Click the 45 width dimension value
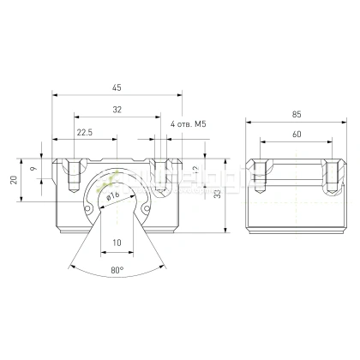click(x=117, y=86)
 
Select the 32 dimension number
click(x=117, y=110)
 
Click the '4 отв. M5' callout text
click(x=189, y=124)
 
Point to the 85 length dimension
click(x=296, y=115)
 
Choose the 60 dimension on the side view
click(x=296, y=135)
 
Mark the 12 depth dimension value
click(x=196, y=170)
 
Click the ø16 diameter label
click(x=111, y=195)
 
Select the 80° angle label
click(x=117, y=271)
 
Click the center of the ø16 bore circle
click(x=117, y=199)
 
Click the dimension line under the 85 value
click(x=296, y=123)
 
